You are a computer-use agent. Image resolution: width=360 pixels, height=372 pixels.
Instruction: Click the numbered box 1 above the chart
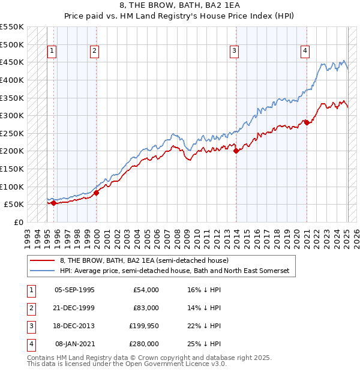click(53, 52)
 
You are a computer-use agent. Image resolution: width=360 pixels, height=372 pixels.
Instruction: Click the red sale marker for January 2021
click(307, 122)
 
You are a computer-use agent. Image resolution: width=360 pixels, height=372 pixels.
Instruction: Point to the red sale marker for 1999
click(96, 192)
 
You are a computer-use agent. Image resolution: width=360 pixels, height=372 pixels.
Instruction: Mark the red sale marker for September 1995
click(53, 203)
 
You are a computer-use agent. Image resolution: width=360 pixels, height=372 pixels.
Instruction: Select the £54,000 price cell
click(145, 290)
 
